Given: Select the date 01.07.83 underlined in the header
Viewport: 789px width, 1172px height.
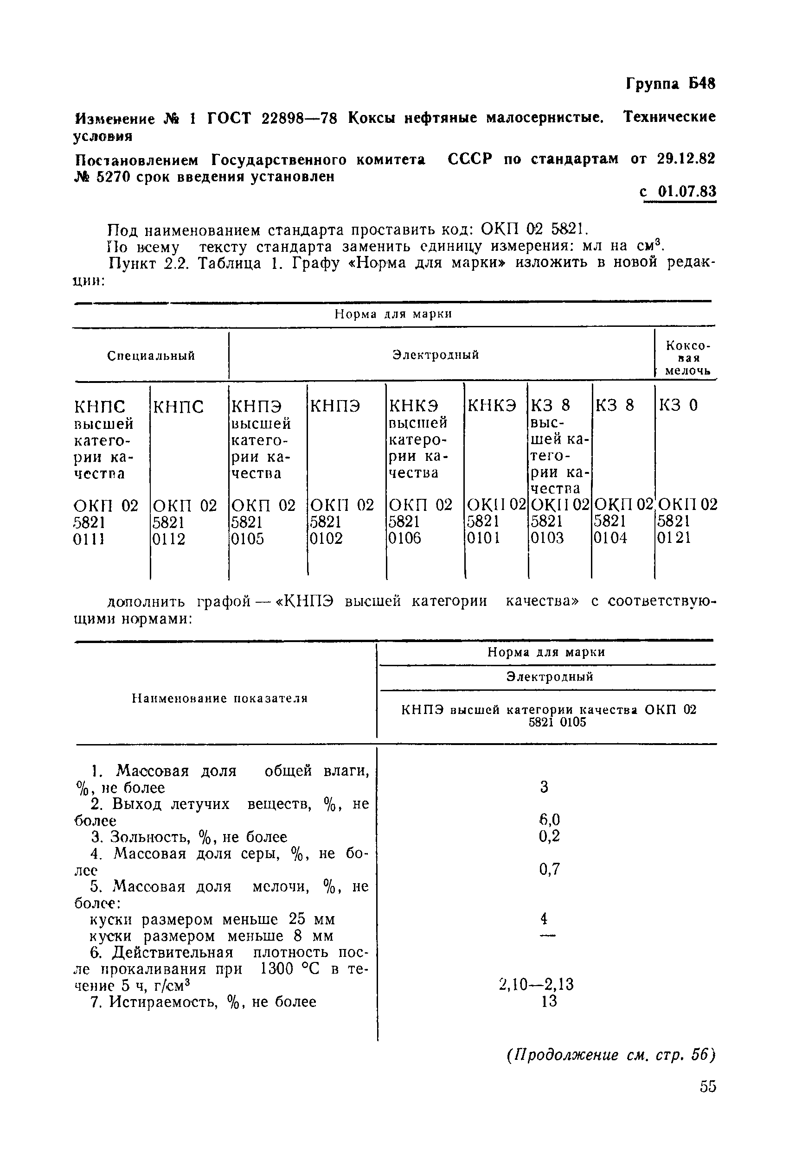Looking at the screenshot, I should coord(686,191).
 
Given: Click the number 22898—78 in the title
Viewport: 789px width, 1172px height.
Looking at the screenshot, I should coord(299,118).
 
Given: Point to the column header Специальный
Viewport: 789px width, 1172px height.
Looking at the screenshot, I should coord(151,356).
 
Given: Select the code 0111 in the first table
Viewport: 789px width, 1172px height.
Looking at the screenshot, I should coord(89,540).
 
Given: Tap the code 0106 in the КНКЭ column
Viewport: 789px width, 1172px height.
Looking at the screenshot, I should coord(404,539).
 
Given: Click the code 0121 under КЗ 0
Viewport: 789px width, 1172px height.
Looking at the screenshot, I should coord(674,538).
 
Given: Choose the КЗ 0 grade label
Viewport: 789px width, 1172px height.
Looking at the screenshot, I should coord(678,405).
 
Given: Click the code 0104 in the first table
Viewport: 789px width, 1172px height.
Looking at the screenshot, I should coord(610,538).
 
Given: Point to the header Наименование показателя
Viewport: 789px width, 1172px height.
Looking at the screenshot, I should coord(219,698).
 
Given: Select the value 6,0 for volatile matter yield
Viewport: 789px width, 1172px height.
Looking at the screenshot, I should coord(549,820).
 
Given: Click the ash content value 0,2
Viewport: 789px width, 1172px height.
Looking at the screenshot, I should coord(549,836).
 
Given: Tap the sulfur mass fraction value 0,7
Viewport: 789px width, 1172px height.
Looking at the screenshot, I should coord(549,869).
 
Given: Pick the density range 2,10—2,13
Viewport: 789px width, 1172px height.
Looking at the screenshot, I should coord(536,984).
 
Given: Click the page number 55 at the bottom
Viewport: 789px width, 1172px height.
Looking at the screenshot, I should coord(707,1087).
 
